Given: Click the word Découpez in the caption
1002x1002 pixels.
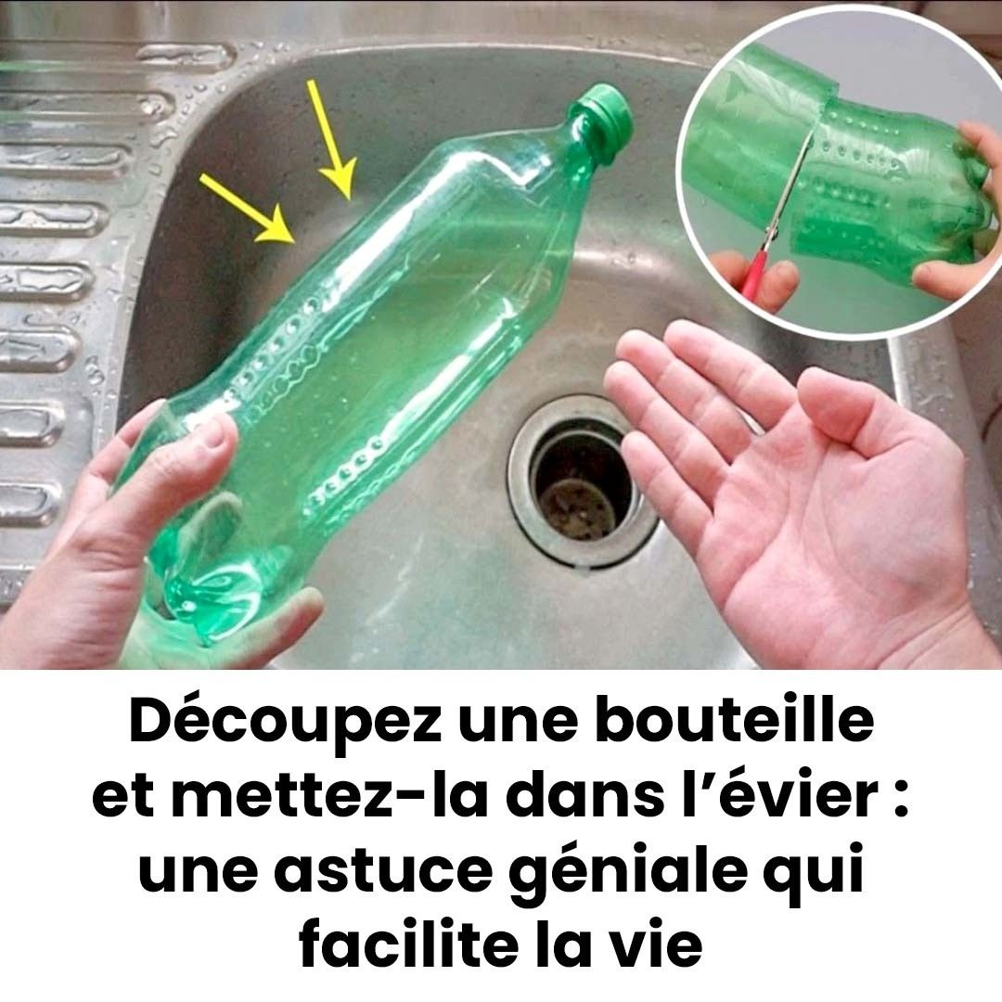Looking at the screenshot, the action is [x=285, y=722].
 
